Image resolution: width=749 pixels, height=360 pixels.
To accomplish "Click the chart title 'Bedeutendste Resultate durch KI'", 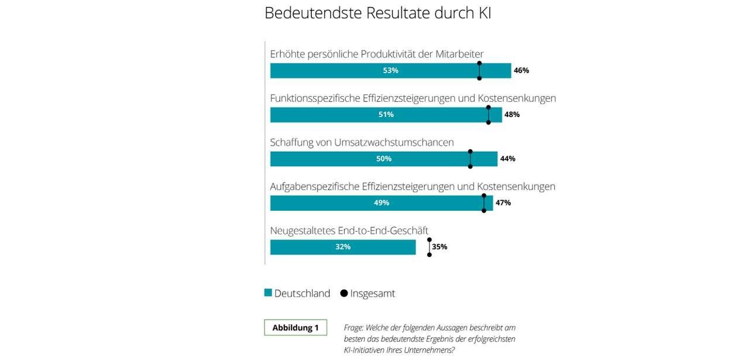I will pyautogui.click(x=377, y=13).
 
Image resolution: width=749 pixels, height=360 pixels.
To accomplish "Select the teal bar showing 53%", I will pyautogui.click(x=390, y=70).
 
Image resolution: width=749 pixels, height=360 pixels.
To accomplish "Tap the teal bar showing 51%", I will pyautogui.click(x=386, y=115).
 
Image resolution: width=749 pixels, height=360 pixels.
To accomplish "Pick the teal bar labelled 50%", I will pyautogui.click(x=383, y=159).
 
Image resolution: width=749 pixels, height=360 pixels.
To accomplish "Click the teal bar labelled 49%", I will pyautogui.click(x=381, y=203).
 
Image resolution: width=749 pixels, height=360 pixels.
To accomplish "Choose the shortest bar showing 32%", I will pyautogui.click(x=342, y=247).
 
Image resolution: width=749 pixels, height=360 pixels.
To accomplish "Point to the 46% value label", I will pyautogui.click(x=521, y=70).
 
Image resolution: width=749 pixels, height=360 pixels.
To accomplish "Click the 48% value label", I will pyautogui.click(x=512, y=115).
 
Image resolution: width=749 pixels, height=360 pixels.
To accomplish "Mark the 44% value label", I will pyautogui.click(x=507, y=159).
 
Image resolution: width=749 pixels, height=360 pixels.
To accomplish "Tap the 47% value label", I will pyautogui.click(x=503, y=203).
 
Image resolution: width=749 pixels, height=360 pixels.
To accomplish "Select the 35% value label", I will pyautogui.click(x=439, y=247).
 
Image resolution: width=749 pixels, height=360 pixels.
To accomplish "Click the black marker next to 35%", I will pyautogui.click(x=430, y=247).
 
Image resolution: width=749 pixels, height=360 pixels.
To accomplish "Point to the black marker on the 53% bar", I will pyautogui.click(x=479, y=70).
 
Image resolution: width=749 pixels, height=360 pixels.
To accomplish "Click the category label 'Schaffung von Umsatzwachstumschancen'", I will pyautogui.click(x=362, y=142).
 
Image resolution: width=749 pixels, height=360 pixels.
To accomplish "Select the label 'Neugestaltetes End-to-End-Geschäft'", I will pyautogui.click(x=349, y=231).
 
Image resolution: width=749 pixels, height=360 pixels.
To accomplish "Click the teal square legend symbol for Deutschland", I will pyautogui.click(x=268, y=293).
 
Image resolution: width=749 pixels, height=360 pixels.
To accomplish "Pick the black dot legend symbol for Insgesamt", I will pyautogui.click(x=343, y=293).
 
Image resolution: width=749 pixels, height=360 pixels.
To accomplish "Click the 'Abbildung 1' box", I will pyautogui.click(x=296, y=328).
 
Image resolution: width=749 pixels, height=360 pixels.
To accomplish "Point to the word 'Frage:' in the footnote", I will pyautogui.click(x=353, y=328).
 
